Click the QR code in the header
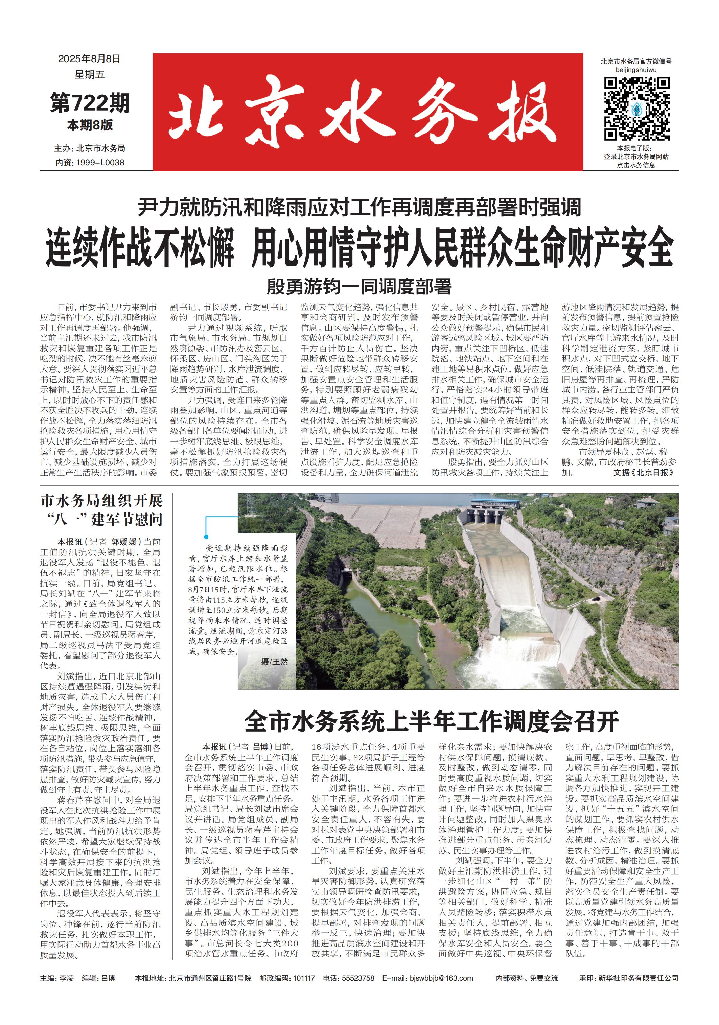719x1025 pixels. click(x=636, y=109)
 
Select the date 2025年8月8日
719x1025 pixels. click(x=89, y=58)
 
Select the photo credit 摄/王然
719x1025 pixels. click(x=274, y=662)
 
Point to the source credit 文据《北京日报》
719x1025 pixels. click(x=643, y=472)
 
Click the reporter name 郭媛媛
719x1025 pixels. click(x=124, y=542)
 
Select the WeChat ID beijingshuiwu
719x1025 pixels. click(x=636, y=70)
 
